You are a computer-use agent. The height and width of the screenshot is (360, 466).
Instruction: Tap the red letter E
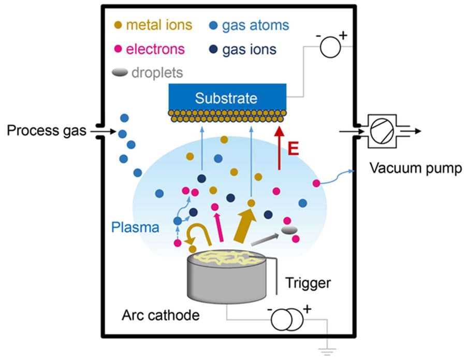click(294, 150)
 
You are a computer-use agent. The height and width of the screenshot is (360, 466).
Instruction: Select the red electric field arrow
click(279, 151)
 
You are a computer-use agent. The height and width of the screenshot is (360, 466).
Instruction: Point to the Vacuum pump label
click(415, 168)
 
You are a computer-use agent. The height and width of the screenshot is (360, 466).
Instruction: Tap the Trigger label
click(308, 283)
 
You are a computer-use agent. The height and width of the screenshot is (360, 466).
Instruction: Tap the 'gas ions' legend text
click(249, 49)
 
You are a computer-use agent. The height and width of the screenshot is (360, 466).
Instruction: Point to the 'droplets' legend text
click(157, 73)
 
